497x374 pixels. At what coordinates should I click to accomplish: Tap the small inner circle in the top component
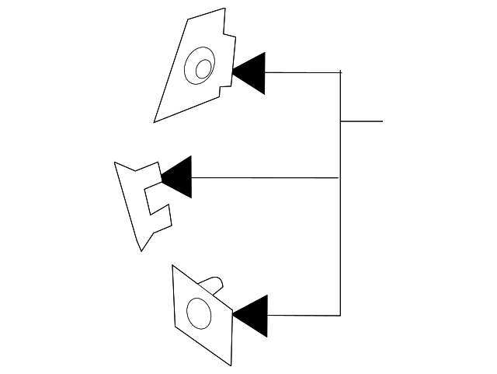(x=203, y=68)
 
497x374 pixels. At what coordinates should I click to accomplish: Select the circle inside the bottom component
(x=200, y=313)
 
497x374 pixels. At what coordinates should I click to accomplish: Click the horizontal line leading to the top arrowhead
(x=303, y=72)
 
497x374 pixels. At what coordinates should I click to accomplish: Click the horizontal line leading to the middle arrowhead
(x=264, y=177)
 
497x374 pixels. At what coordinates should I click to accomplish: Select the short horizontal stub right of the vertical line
(x=362, y=121)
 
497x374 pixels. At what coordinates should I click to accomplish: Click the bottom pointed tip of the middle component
(x=141, y=250)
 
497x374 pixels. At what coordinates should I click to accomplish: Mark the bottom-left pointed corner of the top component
(x=155, y=121)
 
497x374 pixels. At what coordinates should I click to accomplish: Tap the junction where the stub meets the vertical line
(x=340, y=121)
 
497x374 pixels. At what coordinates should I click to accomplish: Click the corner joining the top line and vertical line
(x=340, y=72)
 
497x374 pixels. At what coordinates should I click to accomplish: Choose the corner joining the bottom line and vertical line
(x=340, y=315)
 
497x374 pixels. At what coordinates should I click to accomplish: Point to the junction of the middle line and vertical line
(x=340, y=178)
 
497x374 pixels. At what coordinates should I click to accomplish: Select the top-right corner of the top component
(x=224, y=9)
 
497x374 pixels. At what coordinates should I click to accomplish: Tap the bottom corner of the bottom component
(x=231, y=365)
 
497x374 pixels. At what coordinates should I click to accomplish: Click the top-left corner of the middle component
(x=115, y=163)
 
